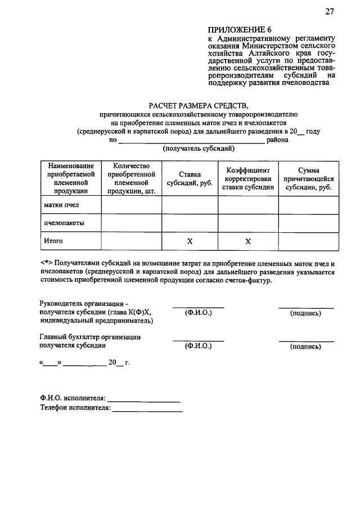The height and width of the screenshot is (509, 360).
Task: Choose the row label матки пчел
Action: click(x=61, y=205)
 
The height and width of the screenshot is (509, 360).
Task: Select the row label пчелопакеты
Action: click(x=64, y=223)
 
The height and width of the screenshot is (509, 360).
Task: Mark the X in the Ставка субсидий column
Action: click(x=190, y=241)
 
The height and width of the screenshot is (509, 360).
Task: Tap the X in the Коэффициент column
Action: click(x=248, y=241)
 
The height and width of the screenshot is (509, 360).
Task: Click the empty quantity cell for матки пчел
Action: click(x=132, y=205)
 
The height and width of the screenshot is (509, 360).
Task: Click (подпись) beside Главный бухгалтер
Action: click(x=306, y=347)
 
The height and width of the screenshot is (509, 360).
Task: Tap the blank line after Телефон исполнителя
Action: click(x=147, y=411)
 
